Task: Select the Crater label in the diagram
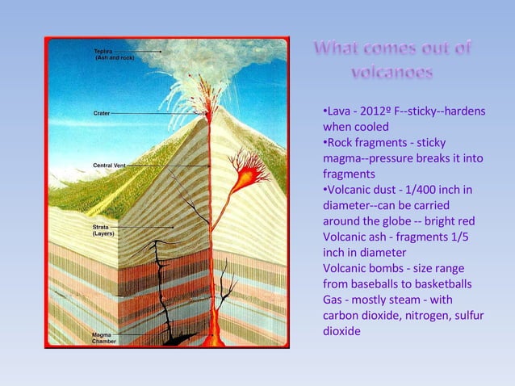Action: (x=102, y=113)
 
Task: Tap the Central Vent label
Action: (x=109, y=166)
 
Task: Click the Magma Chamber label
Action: (x=103, y=338)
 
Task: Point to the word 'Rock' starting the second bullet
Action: (x=342, y=142)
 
